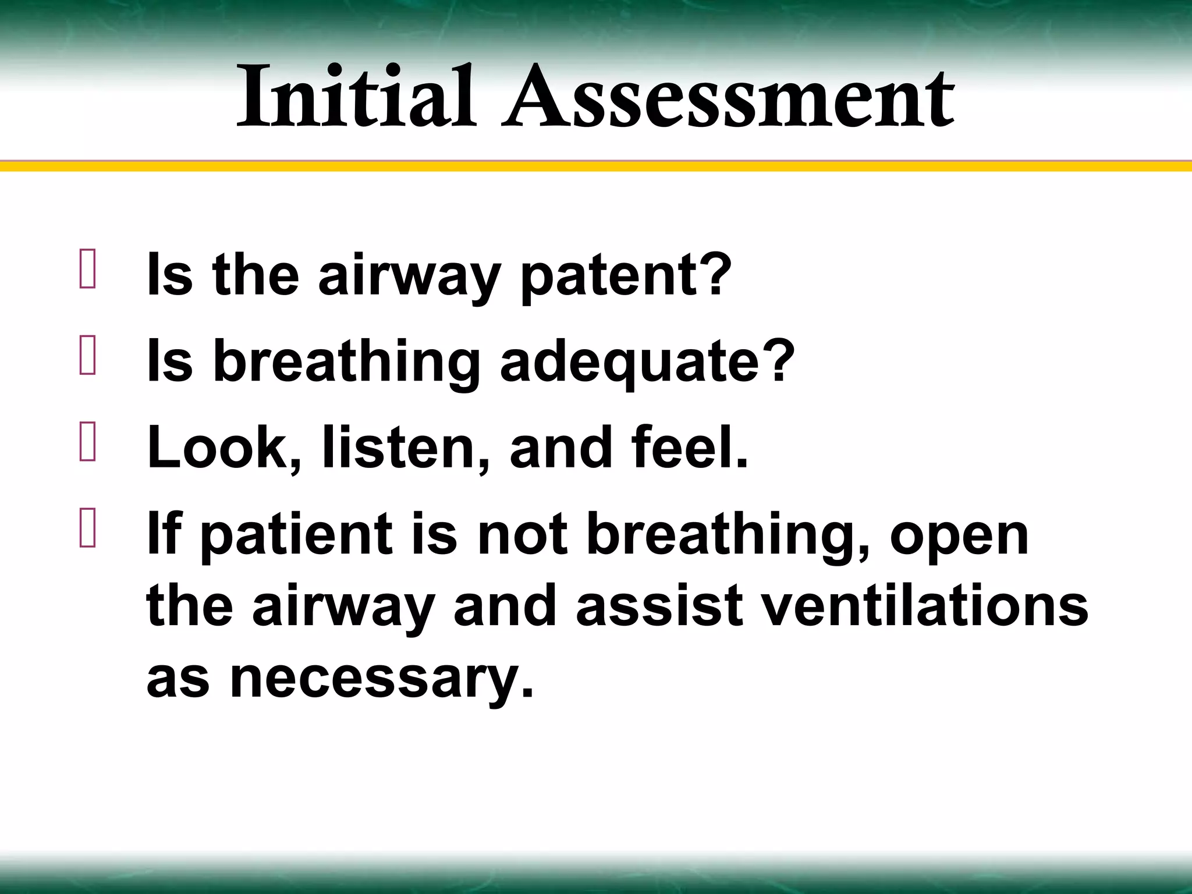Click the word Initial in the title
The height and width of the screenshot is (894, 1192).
pos(356,97)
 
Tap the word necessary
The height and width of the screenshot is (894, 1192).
pos(382,680)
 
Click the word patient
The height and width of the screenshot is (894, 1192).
pos(297,535)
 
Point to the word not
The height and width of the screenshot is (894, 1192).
pos(522,535)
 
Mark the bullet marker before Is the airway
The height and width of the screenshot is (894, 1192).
pos(87,269)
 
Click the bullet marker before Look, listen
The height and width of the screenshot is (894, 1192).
pos(87,442)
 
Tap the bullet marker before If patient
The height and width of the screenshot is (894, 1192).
pos(87,528)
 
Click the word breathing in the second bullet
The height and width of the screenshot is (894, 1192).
pos(347,363)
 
